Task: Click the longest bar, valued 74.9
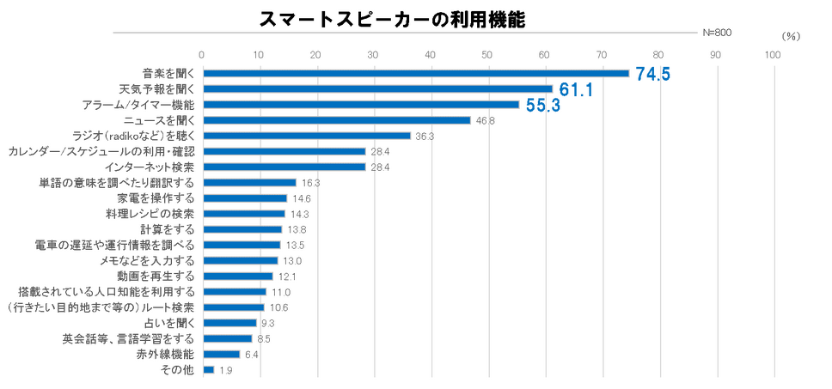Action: coord(416,74)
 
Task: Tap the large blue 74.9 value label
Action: coord(653,74)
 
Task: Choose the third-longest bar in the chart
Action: coord(361,105)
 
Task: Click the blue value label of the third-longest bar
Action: coord(542,106)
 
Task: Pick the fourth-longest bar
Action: coord(337,120)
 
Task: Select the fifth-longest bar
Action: coord(307,136)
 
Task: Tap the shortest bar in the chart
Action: coord(208,370)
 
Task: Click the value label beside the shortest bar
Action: coord(226,370)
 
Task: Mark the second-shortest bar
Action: coord(221,354)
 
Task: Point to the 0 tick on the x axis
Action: coord(202,54)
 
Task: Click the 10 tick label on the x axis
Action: coord(259,54)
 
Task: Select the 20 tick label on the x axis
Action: coord(316,54)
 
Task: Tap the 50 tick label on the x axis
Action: coord(487,54)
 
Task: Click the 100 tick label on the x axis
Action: coord(773,54)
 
